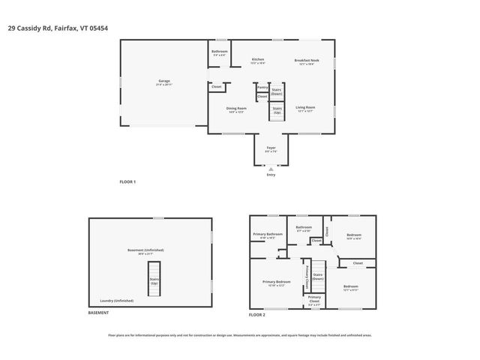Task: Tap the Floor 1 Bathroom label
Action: click(219, 52)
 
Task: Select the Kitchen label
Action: click(258, 60)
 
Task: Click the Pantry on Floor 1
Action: click(262, 88)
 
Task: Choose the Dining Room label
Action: click(237, 109)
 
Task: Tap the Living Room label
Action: click(305, 109)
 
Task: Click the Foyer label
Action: click(271, 148)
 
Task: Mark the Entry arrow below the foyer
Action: click(271, 170)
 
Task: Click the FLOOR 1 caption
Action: click(128, 182)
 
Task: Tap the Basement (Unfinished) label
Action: click(145, 251)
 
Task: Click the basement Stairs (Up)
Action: click(154, 281)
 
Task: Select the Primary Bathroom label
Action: click(268, 235)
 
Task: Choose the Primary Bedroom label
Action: click(274, 283)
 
